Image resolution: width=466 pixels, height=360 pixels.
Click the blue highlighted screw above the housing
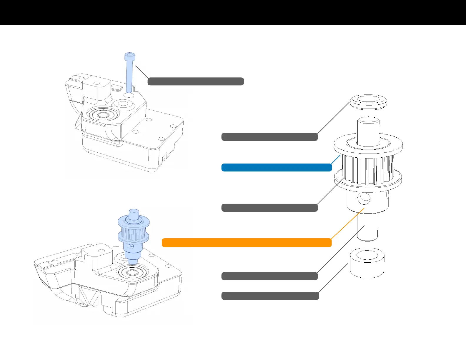tap(129, 75)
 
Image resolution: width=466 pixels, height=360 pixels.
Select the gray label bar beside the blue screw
tap(196, 81)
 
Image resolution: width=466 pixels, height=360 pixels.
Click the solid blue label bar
tap(277, 168)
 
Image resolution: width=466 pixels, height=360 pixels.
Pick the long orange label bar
tap(247, 243)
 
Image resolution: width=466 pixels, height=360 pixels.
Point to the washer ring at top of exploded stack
tap(368, 102)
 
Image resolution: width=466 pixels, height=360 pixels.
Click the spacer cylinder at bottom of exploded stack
tap(367, 263)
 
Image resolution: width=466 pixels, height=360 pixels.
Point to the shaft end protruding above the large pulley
tap(368, 129)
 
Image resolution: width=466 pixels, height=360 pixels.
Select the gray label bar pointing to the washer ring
tap(269, 137)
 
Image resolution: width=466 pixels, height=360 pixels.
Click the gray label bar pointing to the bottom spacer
tap(270, 296)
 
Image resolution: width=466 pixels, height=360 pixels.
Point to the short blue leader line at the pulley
tap(336, 159)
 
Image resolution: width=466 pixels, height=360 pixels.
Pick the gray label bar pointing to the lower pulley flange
tap(269, 208)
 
